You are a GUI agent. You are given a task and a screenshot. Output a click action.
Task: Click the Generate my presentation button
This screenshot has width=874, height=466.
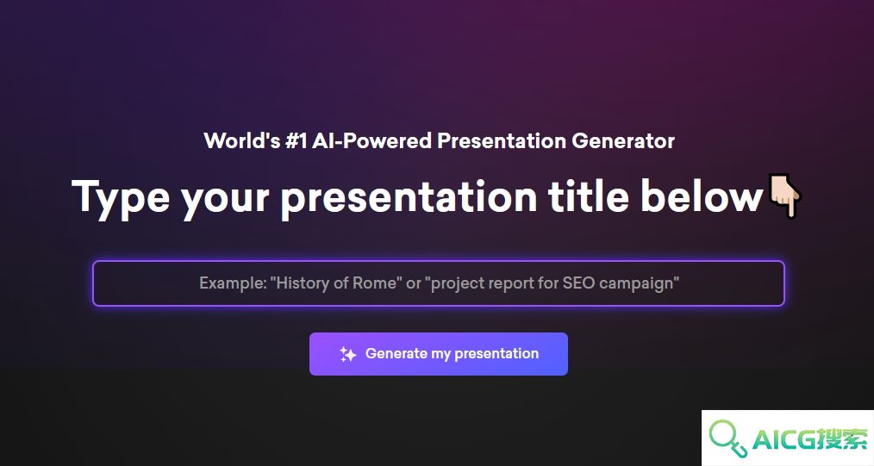tap(439, 354)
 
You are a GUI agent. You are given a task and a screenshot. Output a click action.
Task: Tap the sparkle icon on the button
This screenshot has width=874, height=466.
tap(348, 354)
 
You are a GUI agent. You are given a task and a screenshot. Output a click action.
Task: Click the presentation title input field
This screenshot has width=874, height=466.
tap(439, 283)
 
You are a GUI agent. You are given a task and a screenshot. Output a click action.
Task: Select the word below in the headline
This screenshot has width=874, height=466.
tap(702, 196)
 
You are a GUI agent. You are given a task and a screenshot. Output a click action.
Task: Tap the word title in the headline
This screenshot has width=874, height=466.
tap(588, 196)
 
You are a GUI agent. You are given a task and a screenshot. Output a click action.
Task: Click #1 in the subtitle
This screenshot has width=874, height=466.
tap(296, 141)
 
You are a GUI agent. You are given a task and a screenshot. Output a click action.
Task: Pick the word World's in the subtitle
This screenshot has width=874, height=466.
tap(242, 141)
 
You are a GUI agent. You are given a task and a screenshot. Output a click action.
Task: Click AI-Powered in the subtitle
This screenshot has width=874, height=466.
tap(371, 141)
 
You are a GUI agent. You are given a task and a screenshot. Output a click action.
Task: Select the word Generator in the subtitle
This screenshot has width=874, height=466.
tap(623, 141)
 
